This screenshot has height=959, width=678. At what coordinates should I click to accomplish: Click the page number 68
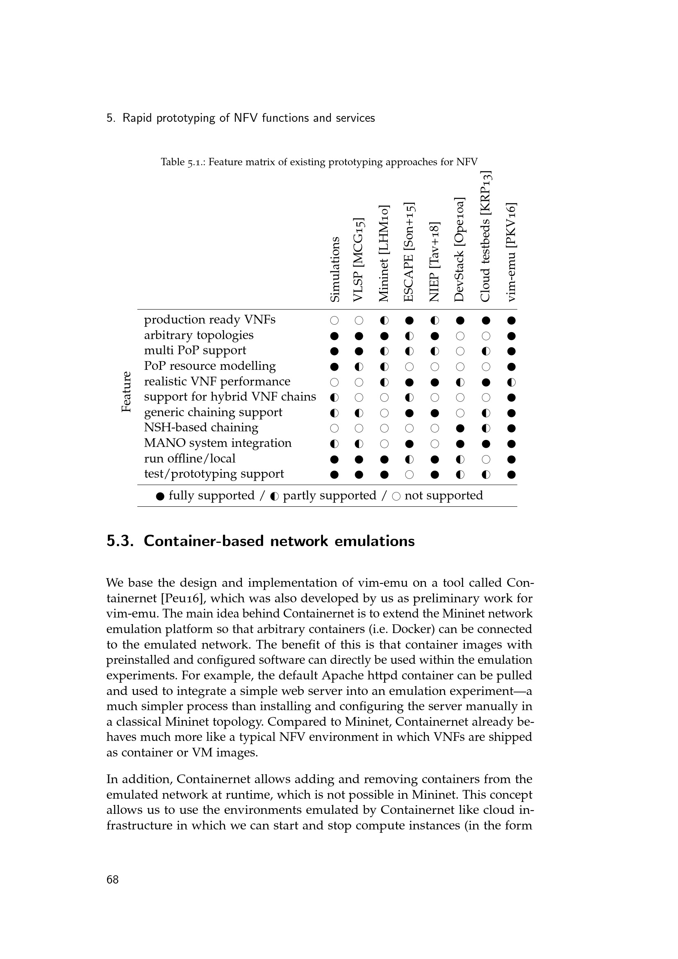(x=113, y=879)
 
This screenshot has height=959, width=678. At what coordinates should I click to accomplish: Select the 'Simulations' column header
(x=335, y=269)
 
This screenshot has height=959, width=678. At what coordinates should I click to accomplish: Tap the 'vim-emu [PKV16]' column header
(x=511, y=252)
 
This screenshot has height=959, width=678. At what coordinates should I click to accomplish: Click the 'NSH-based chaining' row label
(x=201, y=427)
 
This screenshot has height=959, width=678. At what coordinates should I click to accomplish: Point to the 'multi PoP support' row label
(x=195, y=350)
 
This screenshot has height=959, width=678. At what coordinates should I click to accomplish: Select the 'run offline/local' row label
(x=189, y=458)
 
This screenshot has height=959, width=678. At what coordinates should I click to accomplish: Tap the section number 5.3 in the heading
(x=120, y=541)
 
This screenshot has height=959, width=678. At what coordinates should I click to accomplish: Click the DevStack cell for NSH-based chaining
(x=460, y=428)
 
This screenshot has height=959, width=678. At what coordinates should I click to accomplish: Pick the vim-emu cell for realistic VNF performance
(x=512, y=382)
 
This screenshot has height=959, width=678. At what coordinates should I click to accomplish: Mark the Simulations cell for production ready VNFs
(x=334, y=321)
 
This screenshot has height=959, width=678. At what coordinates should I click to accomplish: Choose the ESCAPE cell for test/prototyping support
(x=410, y=474)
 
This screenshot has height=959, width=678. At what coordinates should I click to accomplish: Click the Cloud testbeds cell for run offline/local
(x=485, y=460)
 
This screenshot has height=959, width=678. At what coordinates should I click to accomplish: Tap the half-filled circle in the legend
(x=274, y=496)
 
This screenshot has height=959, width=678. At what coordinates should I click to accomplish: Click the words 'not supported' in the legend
(x=444, y=495)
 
